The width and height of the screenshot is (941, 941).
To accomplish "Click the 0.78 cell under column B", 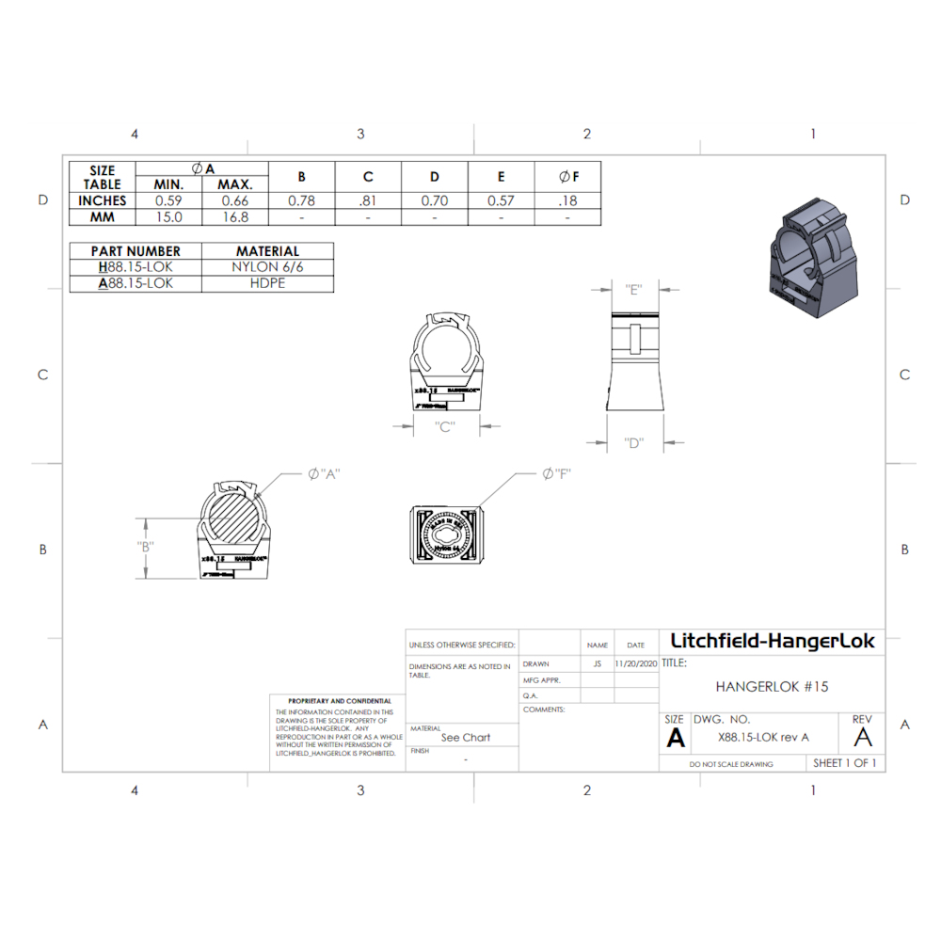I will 301,200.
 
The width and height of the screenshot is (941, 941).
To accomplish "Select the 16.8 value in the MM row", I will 234,217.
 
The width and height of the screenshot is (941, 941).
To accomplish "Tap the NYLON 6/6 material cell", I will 267,267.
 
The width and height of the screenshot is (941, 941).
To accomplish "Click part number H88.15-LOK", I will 136,267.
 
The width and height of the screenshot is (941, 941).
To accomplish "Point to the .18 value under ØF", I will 567,200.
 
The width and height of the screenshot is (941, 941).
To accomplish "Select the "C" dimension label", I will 446,426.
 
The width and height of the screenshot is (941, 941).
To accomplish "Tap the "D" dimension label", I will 634,442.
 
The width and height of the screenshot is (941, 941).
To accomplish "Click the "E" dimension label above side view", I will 634,290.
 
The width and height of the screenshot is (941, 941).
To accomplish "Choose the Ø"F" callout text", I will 557,473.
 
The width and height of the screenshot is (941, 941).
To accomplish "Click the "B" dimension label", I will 145,547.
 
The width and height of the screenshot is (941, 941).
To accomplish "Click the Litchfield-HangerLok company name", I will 772,642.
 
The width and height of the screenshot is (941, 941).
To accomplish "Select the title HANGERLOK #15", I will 772,687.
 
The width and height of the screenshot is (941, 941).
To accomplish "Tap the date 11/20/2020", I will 636,663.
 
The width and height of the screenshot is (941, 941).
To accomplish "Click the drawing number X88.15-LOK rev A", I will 763,738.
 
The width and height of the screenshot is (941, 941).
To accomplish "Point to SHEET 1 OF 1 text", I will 844,763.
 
